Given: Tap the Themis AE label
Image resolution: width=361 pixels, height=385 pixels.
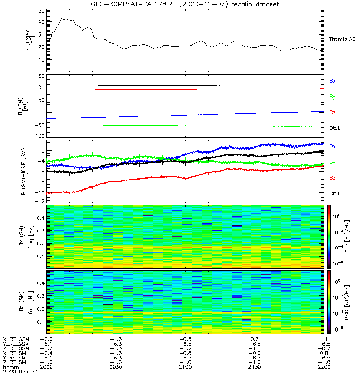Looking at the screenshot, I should (342, 39).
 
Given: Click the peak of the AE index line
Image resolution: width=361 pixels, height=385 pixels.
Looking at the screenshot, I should (62, 19).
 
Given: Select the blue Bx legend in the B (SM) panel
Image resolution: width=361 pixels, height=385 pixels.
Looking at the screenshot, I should (332, 81).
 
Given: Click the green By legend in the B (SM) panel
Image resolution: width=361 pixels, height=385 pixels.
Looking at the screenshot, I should (332, 97).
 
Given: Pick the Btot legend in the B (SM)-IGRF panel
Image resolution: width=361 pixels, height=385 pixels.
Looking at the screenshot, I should (335, 193).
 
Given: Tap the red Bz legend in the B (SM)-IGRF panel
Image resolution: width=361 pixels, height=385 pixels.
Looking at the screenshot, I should (332, 178).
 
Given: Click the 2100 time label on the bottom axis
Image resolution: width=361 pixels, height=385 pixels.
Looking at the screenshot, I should (186, 367).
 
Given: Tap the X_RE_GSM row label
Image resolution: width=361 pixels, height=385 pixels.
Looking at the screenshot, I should (16, 339).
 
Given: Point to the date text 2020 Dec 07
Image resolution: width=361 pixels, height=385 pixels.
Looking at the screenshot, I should (19, 372).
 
